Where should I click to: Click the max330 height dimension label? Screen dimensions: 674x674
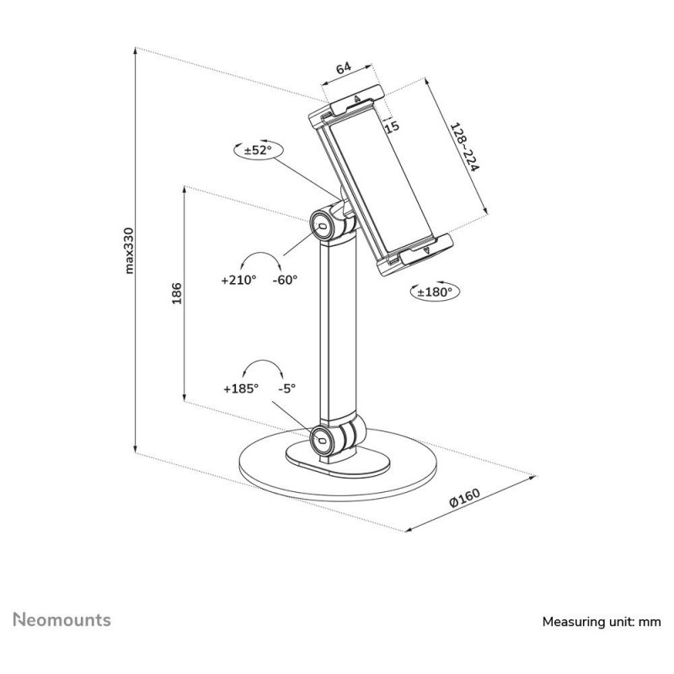pyautogui.click(x=129, y=250)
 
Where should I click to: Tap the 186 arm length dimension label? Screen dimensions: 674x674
pyautogui.click(x=177, y=293)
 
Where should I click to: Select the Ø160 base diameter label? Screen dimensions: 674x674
pyautogui.click(x=465, y=498)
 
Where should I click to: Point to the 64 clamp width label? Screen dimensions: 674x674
pyautogui.click(x=344, y=68)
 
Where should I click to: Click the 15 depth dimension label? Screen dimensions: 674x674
pyautogui.click(x=392, y=127)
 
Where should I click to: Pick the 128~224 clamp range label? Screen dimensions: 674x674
pyautogui.click(x=464, y=147)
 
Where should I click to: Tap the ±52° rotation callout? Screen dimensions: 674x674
pyautogui.click(x=259, y=151)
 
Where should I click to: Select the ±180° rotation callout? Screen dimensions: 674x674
pyautogui.click(x=435, y=292)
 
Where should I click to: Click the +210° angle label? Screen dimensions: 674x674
pyautogui.click(x=238, y=280)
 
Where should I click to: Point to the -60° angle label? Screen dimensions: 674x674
pyautogui.click(x=285, y=280)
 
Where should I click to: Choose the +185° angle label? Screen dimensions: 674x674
pyautogui.click(x=241, y=388)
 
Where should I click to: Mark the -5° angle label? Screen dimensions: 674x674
pyautogui.click(x=287, y=388)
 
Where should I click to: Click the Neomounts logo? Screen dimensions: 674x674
pyautogui.click(x=62, y=620)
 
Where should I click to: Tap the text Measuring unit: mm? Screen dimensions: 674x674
pyautogui.click(x=602, y=622)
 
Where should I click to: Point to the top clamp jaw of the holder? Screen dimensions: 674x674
pyautogui.click(x=346, y=105)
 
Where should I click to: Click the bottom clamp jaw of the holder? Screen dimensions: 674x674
pyautogui.click(x=415, y=254)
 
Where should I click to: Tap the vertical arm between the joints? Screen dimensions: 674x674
pyautogui.click(x=338, y=329)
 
